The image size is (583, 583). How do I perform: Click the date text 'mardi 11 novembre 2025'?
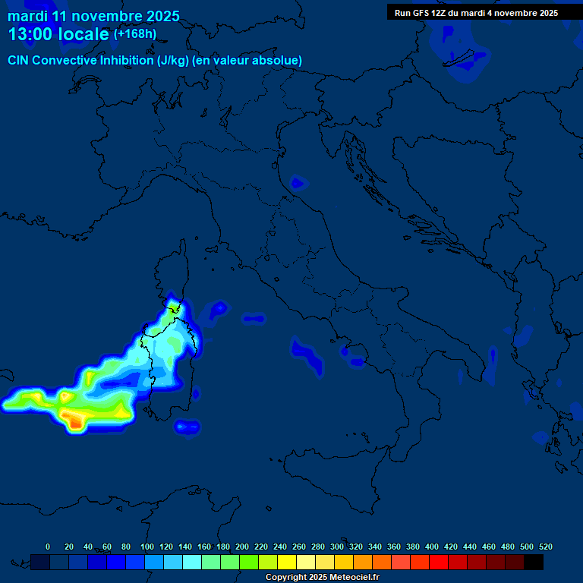coord(93,16)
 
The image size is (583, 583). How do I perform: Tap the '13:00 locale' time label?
coord(58,34)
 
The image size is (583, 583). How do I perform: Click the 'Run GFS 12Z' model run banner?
coord(476,13)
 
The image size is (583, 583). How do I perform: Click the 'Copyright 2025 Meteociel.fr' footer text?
coord(327,577)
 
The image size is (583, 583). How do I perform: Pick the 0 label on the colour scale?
coord(48,547)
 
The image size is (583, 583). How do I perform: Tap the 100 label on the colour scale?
coord(147,547)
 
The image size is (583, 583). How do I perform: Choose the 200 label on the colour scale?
coord(242,547)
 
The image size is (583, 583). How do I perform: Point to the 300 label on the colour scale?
coord(337,547)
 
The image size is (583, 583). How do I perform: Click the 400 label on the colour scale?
coord(432,547)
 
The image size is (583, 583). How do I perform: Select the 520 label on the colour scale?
coord(545,547)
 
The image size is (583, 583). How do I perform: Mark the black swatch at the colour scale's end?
coord(534,562)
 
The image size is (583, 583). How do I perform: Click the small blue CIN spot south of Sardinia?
coord(187,427)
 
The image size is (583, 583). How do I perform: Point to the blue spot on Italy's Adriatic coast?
coord(298,183)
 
